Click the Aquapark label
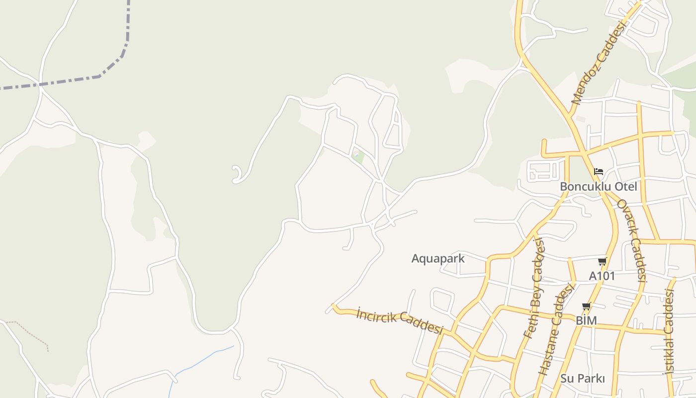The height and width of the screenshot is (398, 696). click(438, 258)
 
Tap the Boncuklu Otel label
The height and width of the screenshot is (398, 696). click(598, 187)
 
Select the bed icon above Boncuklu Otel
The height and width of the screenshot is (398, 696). click(599, 172)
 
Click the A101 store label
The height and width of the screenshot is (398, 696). click(602, 276)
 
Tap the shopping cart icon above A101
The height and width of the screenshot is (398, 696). click(602, 262)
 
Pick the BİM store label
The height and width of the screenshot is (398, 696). click(586, 320)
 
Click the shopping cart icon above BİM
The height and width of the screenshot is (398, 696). click(587, 306)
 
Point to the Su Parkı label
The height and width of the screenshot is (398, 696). click(583, 378)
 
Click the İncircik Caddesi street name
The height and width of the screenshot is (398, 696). click(400, 320)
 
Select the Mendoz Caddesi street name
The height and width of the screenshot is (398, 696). click(598, 63)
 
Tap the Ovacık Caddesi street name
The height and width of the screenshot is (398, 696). click(631, 241)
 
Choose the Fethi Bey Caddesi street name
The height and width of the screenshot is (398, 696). click(534, 289)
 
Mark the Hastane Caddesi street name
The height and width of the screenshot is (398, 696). click(556, 329)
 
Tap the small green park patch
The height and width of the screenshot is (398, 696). click(358, 157)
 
